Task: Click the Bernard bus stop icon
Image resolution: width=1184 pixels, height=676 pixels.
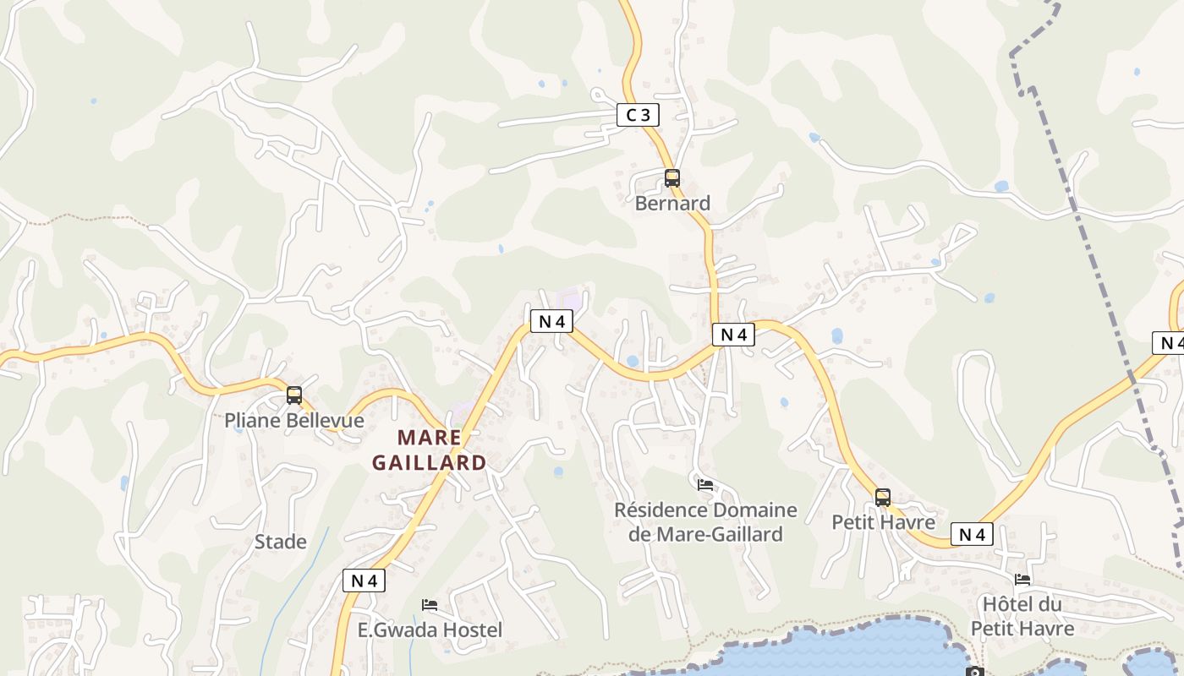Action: pyautogui.click(x=672, y=178)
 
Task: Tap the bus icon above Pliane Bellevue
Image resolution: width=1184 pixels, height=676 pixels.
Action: pyautogui.click(x=294, y=395)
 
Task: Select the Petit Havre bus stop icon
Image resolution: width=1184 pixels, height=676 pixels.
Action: pyautogui.click(x=883, y=498)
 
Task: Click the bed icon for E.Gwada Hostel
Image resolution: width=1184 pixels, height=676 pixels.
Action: pyautogui.click(x=430, y=605)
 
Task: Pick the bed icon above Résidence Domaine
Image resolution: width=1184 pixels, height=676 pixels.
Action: pyautogui.click(x=705, y=485)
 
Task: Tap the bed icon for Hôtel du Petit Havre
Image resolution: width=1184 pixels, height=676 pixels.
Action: pyautogui.click(x=1022, y=580)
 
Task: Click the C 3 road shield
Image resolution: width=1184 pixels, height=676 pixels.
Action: pyautogui.click(x=638, y=115)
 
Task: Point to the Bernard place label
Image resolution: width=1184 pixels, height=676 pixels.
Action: pyautogui.click(x=672, y=204)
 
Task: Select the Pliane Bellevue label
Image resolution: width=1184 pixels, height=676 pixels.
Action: pyautogui.click(x=294, y=420)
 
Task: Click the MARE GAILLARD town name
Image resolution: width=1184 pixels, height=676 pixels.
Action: pyautogui.click(x=430, y=450)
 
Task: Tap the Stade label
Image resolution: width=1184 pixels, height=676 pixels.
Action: pyautogui.click(x=281, y=542)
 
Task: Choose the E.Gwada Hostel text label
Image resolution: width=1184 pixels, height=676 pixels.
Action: pyautogui.click(x=430, y=630)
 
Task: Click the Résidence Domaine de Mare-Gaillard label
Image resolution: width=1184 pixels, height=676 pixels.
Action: pyautogui.click(x=705, y=522)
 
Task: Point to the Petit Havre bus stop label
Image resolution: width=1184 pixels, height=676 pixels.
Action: pyautogui.click(x=883, y=522)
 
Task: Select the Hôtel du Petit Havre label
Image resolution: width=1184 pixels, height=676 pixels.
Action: pyautogui.click(x=1022, y=616)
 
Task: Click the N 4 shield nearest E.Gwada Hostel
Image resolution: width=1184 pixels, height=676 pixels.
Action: pyautogui.click(x=364, y=581)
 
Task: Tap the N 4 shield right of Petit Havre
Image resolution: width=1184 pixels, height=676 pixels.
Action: pyautogui.click(x=972, y=534)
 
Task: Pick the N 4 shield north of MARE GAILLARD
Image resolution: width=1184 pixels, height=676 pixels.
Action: pyautogui.click(x=551, y=321)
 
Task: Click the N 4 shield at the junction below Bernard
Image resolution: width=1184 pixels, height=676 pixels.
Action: pyautogui.click(x=732, y=335)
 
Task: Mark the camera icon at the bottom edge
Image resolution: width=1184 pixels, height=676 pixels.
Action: pyautogui.click(x=974, y=672)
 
